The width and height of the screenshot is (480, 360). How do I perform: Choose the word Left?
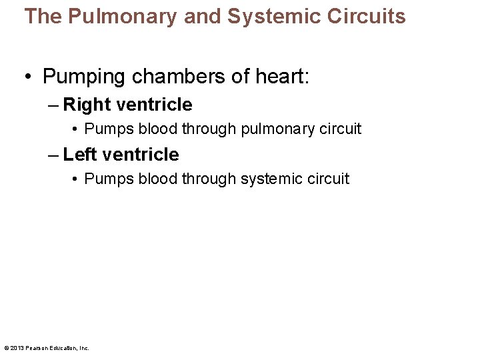pyautogui.click(x=79, y=155)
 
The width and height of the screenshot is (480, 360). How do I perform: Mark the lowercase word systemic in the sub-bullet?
pyautogui.click(x=270, y=179)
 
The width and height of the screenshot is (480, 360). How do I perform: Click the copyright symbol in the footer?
pyautogui.click(x=6, y=348)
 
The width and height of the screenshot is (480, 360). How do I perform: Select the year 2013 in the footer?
pyautogui.click(x=17, y=348)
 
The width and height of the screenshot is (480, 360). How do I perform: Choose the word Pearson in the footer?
pyautogui.click(x=36, y=348)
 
